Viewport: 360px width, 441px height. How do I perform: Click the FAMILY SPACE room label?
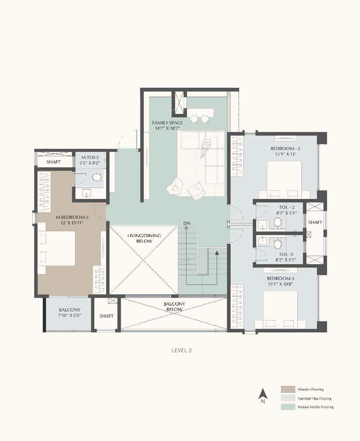(167, 123)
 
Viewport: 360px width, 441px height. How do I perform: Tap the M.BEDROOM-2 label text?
(72, 217)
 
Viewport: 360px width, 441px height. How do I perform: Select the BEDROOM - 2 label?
(285, 149)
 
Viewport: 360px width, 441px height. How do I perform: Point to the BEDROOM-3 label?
(280, 279)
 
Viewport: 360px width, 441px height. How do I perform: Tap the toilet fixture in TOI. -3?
(278, 244)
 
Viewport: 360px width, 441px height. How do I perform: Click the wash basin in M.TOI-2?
(86, 193)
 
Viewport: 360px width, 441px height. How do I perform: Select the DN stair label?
(187, 223)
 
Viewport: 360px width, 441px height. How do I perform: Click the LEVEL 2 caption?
(181, 351)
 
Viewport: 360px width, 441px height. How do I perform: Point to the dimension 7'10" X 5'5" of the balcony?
(70, 315)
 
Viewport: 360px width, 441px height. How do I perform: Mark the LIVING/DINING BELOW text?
(144, 238)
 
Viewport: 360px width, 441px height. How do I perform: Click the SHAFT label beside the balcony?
(106, 316)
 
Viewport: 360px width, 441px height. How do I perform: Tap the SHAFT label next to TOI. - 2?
(315, 222)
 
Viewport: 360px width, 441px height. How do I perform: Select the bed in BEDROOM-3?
(280, 310)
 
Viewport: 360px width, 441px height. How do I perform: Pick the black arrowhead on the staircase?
(217, 253)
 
